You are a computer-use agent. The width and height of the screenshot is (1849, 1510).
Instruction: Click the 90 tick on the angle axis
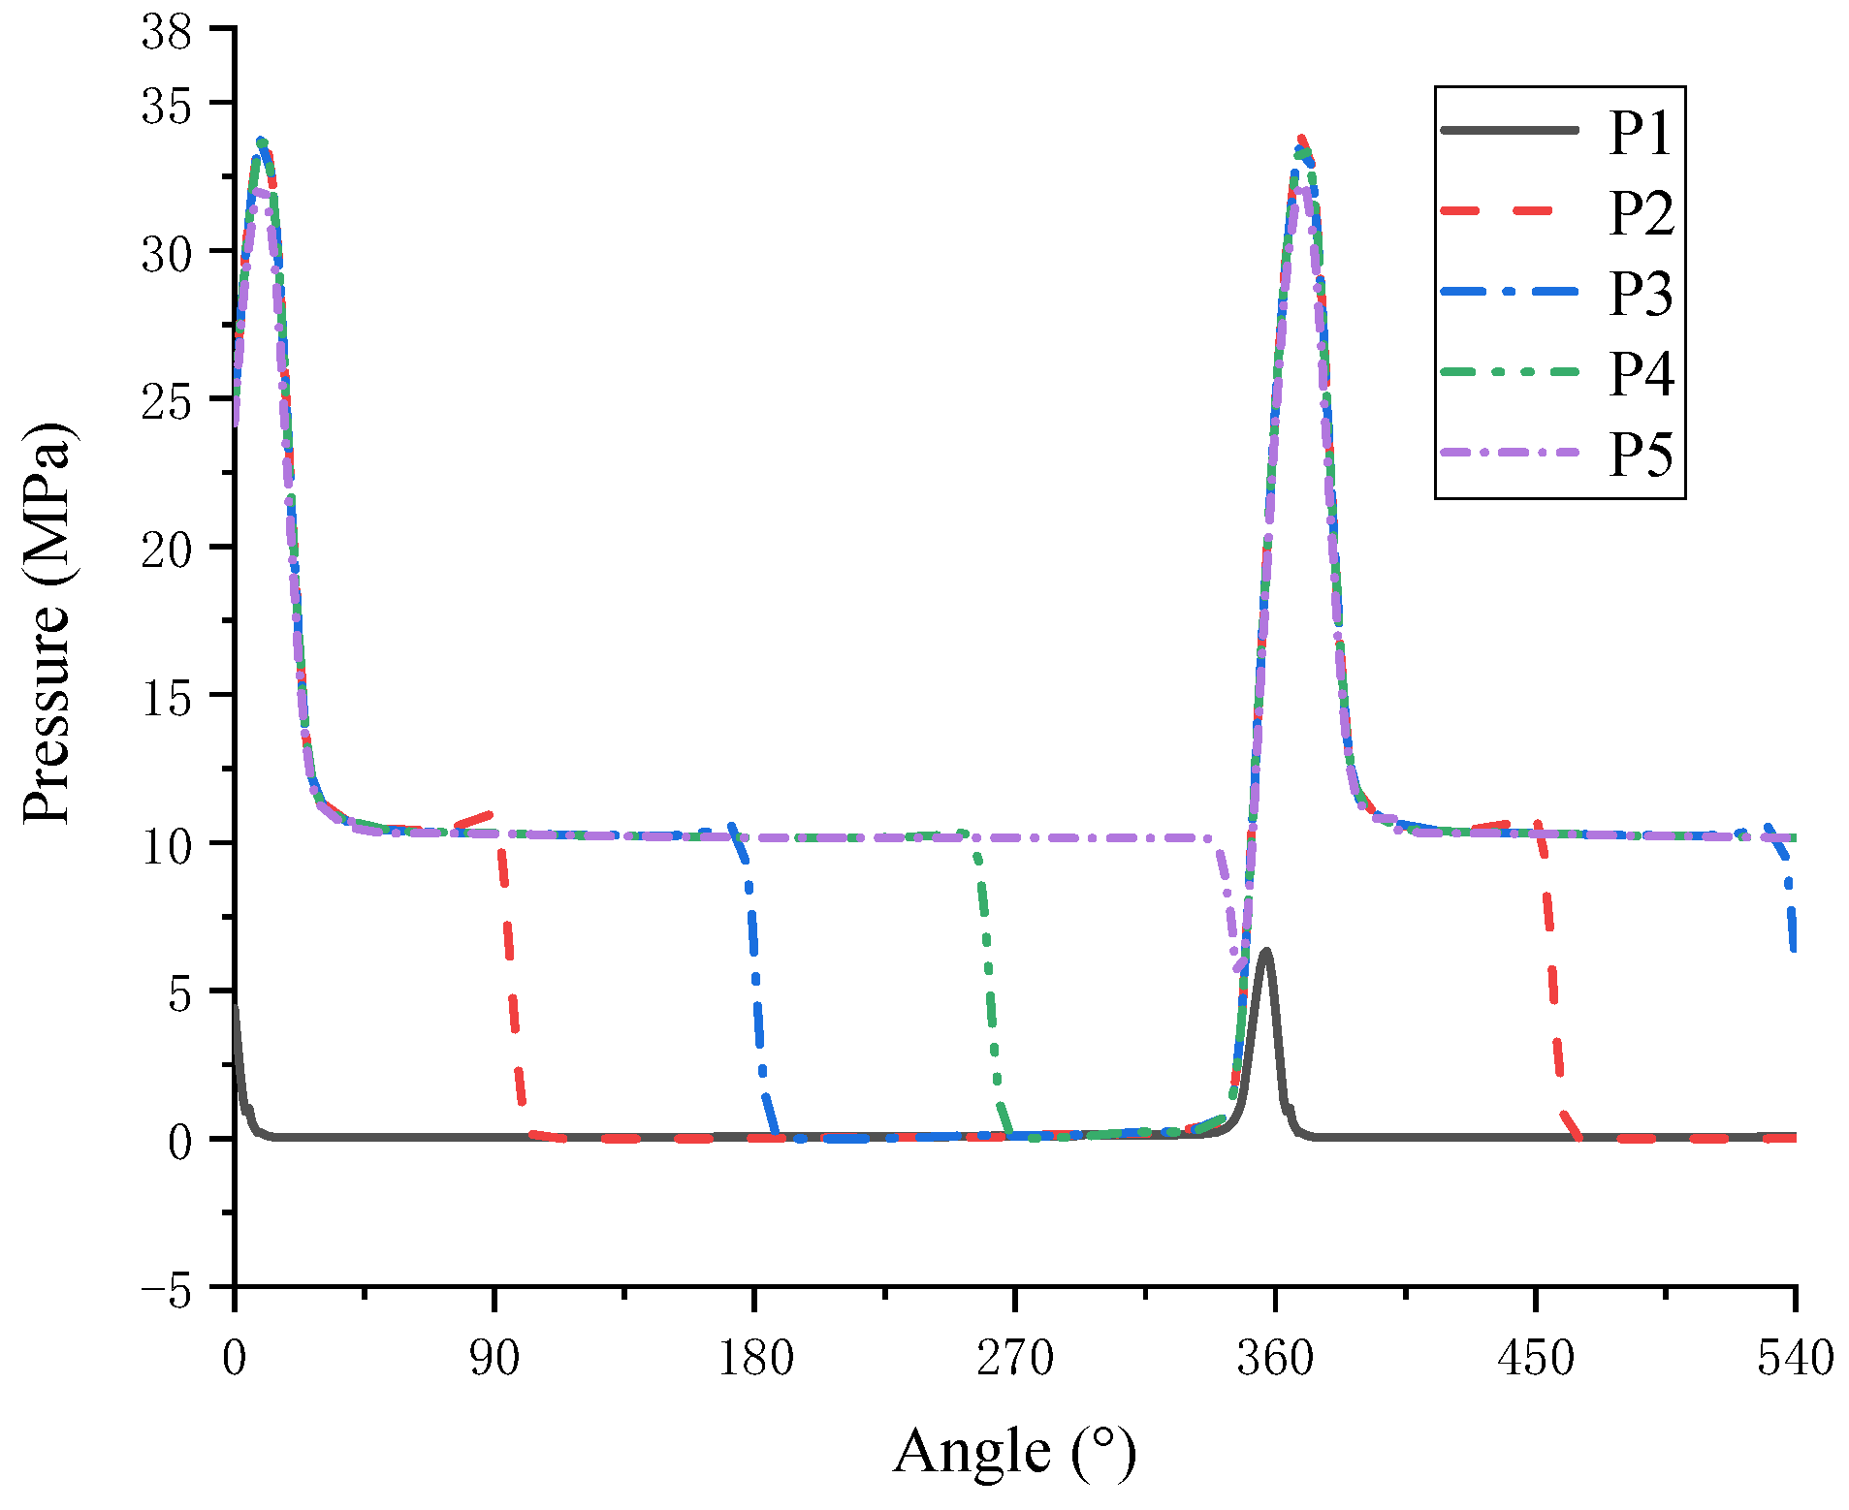click(494, 1359)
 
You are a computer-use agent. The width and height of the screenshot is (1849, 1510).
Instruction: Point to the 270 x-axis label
click(1014, 1359)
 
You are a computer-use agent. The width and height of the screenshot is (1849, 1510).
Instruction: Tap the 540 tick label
click(1795, 1359)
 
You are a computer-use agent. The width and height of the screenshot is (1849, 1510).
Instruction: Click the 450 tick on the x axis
click(1535, 1359)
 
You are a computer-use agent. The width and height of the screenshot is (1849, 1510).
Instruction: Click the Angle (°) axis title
click(1014, 1452)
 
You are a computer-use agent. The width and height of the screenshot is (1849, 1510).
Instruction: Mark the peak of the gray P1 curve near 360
click(1265, 953)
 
